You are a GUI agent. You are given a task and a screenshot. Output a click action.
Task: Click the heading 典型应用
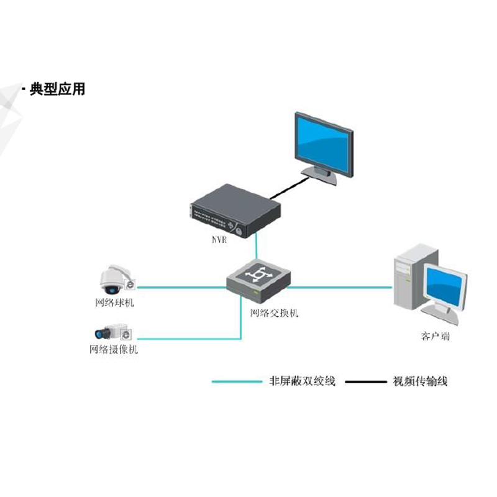coord(57,89)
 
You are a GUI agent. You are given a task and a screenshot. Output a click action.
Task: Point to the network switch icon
coord(257,277)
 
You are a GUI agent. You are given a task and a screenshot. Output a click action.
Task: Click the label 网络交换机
coord(274,312)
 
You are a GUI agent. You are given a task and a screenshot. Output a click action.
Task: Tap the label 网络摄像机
coord(113,350)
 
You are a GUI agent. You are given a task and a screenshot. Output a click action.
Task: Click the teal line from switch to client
coord(339,287)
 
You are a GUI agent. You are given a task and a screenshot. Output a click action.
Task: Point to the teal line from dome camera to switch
coord(180,287)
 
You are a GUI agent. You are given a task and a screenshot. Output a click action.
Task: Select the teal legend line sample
coord(237,381)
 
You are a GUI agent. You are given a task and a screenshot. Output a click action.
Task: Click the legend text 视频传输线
coord(420,381)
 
